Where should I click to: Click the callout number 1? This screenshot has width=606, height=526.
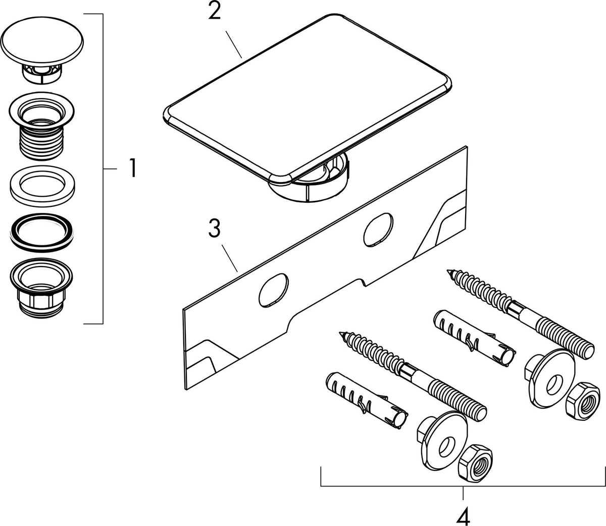[x=133, y=168]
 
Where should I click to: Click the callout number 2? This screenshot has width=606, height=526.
[x=214, y=11]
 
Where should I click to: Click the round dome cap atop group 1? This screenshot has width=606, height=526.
[x=42, y=50]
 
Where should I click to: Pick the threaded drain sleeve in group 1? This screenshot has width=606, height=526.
[x=41, y=126]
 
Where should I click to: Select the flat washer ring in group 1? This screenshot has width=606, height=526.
[x=42, y=186]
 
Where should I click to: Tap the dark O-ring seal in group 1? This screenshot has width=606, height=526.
[x=42, y=232]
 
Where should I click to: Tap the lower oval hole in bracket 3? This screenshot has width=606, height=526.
[x=273, y=290]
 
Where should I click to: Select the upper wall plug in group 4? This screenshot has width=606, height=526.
[x=474, y=339]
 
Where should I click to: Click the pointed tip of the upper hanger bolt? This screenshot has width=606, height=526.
[x=447, y=271]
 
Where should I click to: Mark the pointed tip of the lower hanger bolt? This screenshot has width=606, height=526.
[x=340, y=333]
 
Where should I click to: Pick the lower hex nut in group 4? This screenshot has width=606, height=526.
[x=475, y=463]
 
